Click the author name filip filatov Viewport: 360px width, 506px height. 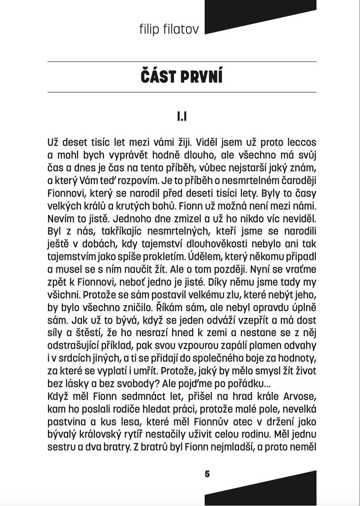point(169,29)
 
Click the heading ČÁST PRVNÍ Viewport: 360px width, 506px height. point(182,77)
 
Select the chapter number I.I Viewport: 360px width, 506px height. point(182,116)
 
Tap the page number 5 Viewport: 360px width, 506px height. point(207,474)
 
